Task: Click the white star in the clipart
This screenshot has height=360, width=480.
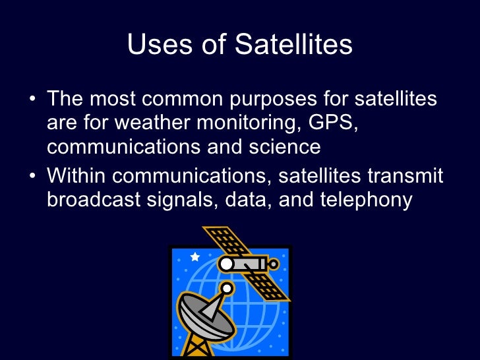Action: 195,256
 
